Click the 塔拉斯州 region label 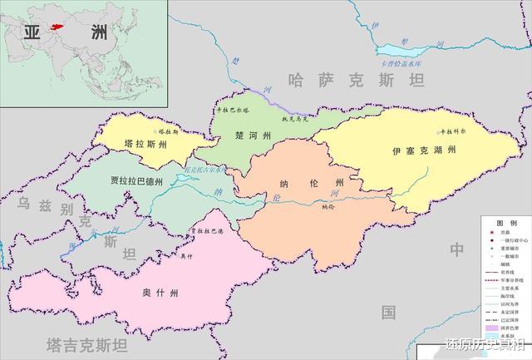click(x=145, y=144)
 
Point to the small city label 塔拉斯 click(x=168, y=131)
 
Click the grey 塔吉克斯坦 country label click(x=87, y=343)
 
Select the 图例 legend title click(x=505, y=224)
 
